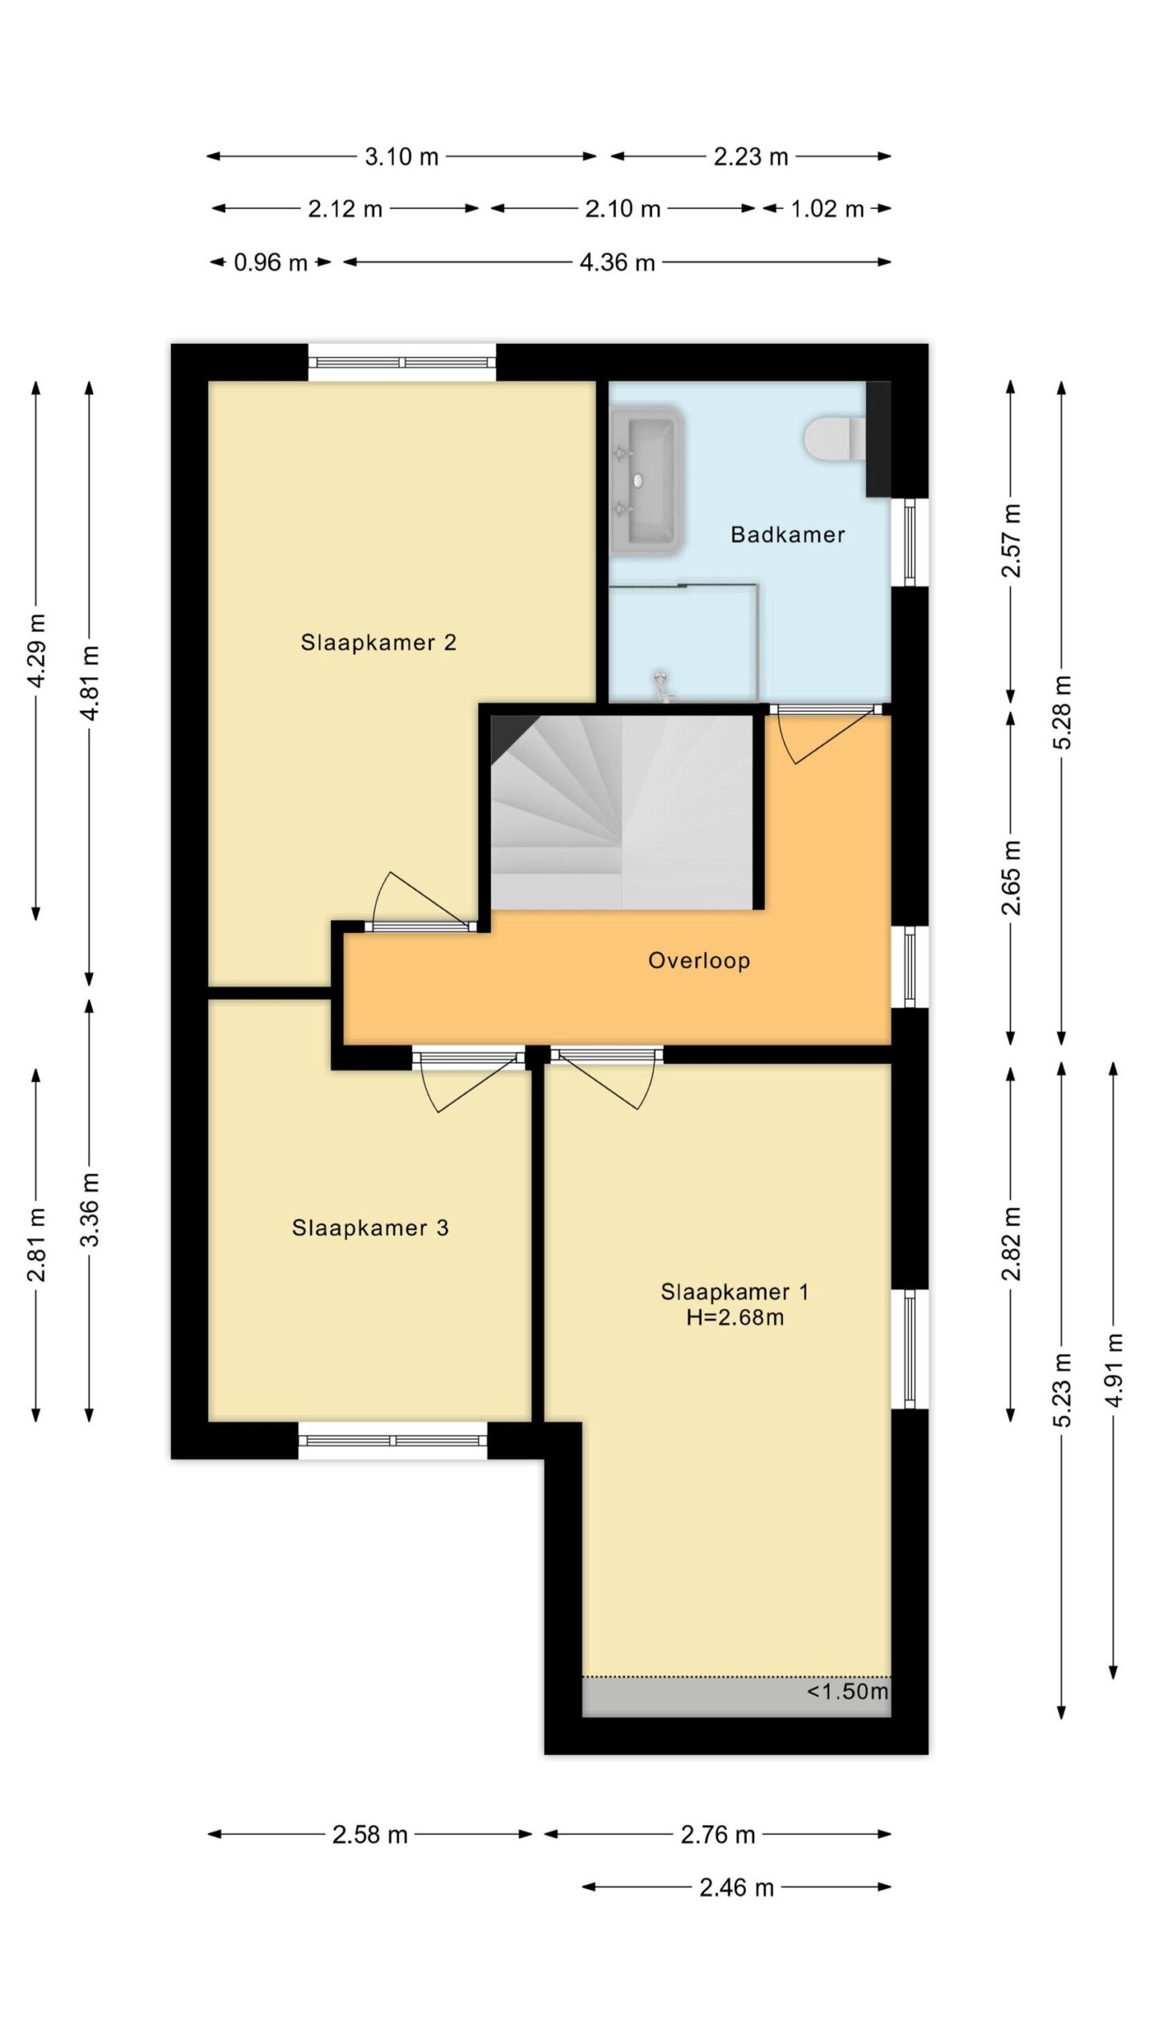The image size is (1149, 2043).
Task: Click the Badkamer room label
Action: point(788,535)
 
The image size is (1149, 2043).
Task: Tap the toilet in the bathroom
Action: point(835,439)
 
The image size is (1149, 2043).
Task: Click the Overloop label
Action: point(699,960)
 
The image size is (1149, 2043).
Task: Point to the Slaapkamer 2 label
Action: point(378,642)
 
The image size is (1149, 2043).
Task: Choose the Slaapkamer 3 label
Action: point(370,1227)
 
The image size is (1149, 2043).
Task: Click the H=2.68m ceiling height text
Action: point(735,1318)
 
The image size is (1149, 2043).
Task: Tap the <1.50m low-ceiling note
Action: point(847,1691)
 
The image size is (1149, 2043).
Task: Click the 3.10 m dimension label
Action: point(401,156)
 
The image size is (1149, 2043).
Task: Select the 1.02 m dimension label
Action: point(827,209)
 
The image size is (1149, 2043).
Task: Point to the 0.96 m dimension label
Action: point(270,263)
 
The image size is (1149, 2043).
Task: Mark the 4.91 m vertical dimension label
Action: point(1115,1370)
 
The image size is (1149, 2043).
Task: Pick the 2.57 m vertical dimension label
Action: point(1012,540)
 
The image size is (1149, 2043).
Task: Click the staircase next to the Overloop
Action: point(622,812)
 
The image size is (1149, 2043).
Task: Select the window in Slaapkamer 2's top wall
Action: point(402,362)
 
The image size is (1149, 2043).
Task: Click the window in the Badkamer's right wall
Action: point(910,543)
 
